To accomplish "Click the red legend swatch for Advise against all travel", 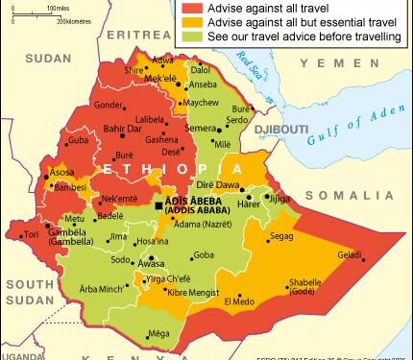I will (x=188, y=8).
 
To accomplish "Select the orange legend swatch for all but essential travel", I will (x=188, y=23).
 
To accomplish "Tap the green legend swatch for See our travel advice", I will (x=188, y=38).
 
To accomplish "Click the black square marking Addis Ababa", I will (x=158, y=204).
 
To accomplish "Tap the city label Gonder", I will (x=109, y=105).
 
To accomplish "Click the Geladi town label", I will (x=350, y=254).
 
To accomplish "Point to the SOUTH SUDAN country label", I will (x=26, y=292).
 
